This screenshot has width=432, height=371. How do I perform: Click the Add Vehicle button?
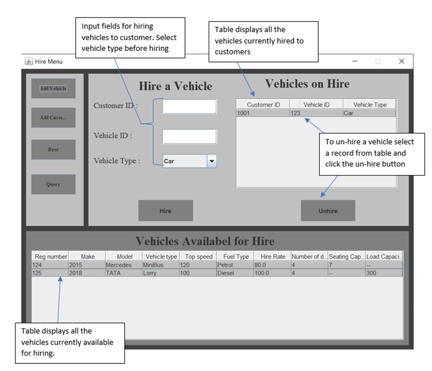point(53,88)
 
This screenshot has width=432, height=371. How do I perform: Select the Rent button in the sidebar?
point(53,150)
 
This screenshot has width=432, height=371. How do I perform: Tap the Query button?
point(53,185)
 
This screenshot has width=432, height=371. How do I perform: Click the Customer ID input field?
point(189,107)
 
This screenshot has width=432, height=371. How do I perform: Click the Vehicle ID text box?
point(189,136)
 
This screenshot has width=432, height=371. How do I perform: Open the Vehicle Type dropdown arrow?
point(212,161)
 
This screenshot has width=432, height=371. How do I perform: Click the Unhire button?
point(328,211)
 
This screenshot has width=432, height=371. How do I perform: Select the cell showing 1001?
point(263,114)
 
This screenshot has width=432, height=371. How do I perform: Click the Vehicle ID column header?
point(316,105)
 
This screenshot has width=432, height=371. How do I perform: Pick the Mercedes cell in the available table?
point(124,266)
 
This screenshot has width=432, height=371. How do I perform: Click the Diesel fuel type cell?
point(235,273)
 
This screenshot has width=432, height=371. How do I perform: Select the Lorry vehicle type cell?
point(161,273)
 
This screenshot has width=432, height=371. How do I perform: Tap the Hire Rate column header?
point(272,257)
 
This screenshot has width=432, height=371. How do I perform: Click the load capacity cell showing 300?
point(384,273)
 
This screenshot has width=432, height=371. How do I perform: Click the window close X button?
point(401,62)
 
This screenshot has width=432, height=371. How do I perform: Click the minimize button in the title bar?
point(355,62)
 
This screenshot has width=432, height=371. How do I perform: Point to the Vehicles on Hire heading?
point(307,84)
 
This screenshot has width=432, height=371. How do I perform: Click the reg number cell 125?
point(49,273)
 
